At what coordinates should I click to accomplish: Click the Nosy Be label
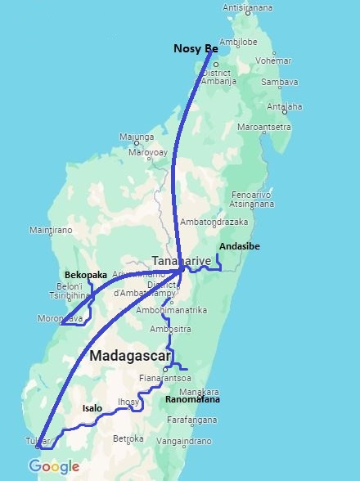(x=195, y=48)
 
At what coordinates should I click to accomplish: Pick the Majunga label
(x=137, y=137)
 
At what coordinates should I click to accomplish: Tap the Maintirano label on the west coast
(x=51, y=231)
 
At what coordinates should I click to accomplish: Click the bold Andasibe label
(x=240, y=245)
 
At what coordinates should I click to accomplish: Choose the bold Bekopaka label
(x=87, y=275)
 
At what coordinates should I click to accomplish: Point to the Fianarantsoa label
(x=165, y=378)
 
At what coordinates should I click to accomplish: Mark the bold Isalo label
(x=92, y=407)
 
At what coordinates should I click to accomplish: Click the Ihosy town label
(x=128, y=402)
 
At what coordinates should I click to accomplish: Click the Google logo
(x=55, y=467)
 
